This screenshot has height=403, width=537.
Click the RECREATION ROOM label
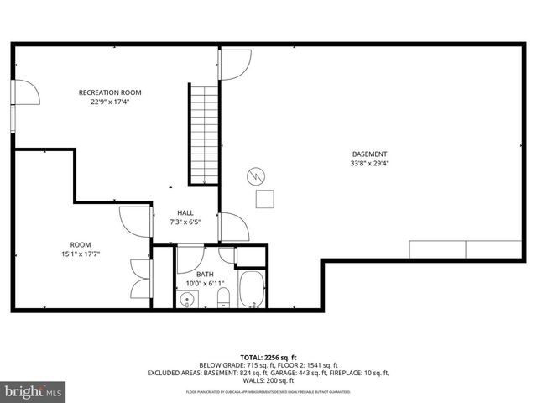[x=110, y=92]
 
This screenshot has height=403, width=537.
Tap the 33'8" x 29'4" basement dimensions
[x=369, y=164]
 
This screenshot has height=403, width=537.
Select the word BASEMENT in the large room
[x=369, y=154]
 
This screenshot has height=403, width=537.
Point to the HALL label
[x=185, y=213]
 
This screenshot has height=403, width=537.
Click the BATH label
[x=205, y=275]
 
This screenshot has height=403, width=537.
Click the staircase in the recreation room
[x=204, y=130]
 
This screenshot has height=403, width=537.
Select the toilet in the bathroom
[x=224, y=299]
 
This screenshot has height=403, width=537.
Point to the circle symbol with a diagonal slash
[x=255, y=176]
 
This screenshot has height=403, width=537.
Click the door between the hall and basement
[x=232, y=228]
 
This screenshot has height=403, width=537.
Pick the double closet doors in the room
[x=139, y=276]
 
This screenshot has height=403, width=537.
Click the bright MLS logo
[x=34, y=390]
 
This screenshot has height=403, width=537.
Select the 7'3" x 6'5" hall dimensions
[x=185, y=222]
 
